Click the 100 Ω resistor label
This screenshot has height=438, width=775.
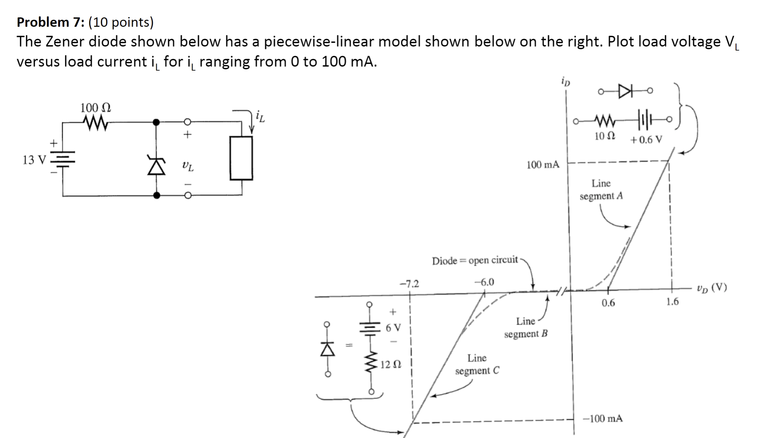[96, 108]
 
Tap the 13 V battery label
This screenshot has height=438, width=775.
[33, 160]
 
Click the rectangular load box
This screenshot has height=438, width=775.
[241, 158]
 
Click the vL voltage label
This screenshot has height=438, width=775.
[188, 166]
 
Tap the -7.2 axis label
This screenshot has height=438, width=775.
[409, 284]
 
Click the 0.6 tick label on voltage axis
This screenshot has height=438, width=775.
[608, 303]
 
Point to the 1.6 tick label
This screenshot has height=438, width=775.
[672, 302]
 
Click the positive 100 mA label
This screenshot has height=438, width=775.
[543, 165]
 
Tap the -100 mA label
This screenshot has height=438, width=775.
[603, 419]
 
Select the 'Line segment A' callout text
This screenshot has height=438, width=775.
[601, 190]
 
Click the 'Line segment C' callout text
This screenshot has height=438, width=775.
[477, 364]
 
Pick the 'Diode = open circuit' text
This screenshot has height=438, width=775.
[475, 260]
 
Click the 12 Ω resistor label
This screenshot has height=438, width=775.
[391, 364]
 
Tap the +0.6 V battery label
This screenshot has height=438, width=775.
[646, 140]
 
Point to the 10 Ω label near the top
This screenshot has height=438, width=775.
[605, 136]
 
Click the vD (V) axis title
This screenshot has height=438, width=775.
[712, 288]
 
